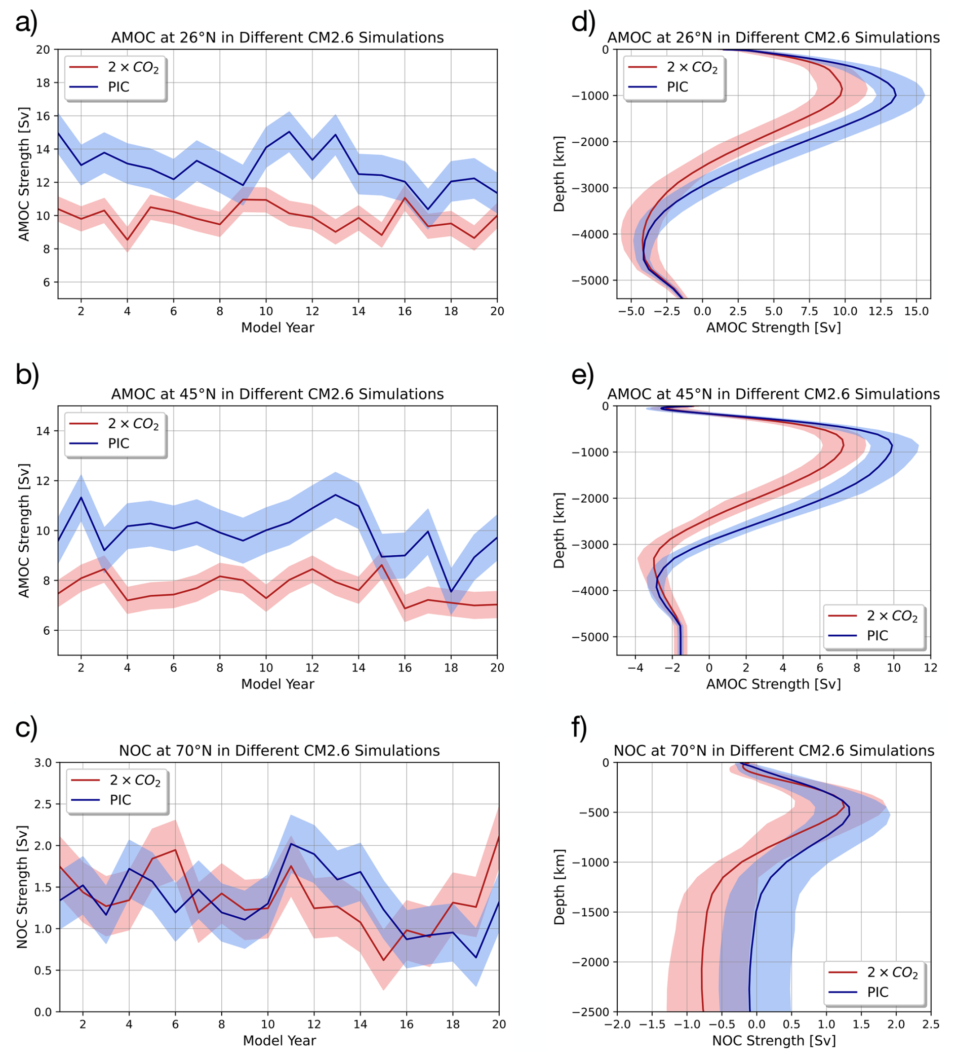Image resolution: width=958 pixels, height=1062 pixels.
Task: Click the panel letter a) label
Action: pos(26,23)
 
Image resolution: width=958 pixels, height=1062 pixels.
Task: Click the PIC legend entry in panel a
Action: pos(118,87)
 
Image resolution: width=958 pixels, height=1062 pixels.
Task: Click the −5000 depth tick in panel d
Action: pos(590,280)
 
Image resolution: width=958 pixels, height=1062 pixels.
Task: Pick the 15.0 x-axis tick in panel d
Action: pos(916,311)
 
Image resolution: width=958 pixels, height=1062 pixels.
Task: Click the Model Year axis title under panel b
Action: pos(277,684)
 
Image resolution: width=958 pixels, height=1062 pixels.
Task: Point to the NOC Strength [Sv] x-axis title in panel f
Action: pos(774,1040)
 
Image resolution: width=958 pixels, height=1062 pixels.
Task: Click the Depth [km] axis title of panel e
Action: pos(559,530)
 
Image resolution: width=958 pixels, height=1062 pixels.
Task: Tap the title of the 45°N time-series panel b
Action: pos(277,394)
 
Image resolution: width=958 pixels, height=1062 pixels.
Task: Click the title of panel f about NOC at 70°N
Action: pos(774,751)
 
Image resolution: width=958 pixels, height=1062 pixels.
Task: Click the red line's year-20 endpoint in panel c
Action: pos(498,837)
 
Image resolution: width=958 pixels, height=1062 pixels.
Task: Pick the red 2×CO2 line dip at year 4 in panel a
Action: pos(128,240)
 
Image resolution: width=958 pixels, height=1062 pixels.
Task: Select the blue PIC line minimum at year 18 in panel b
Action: pos(451,592)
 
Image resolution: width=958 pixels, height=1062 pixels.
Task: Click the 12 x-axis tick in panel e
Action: pos(930,668)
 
